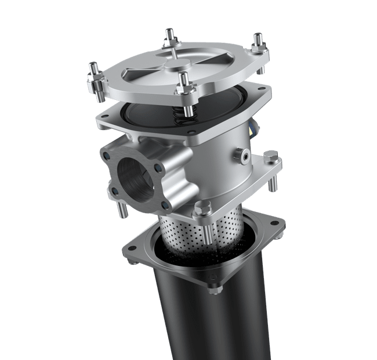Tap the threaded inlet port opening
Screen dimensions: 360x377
[135, 177]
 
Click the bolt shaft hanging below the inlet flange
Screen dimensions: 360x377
[121, 208]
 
